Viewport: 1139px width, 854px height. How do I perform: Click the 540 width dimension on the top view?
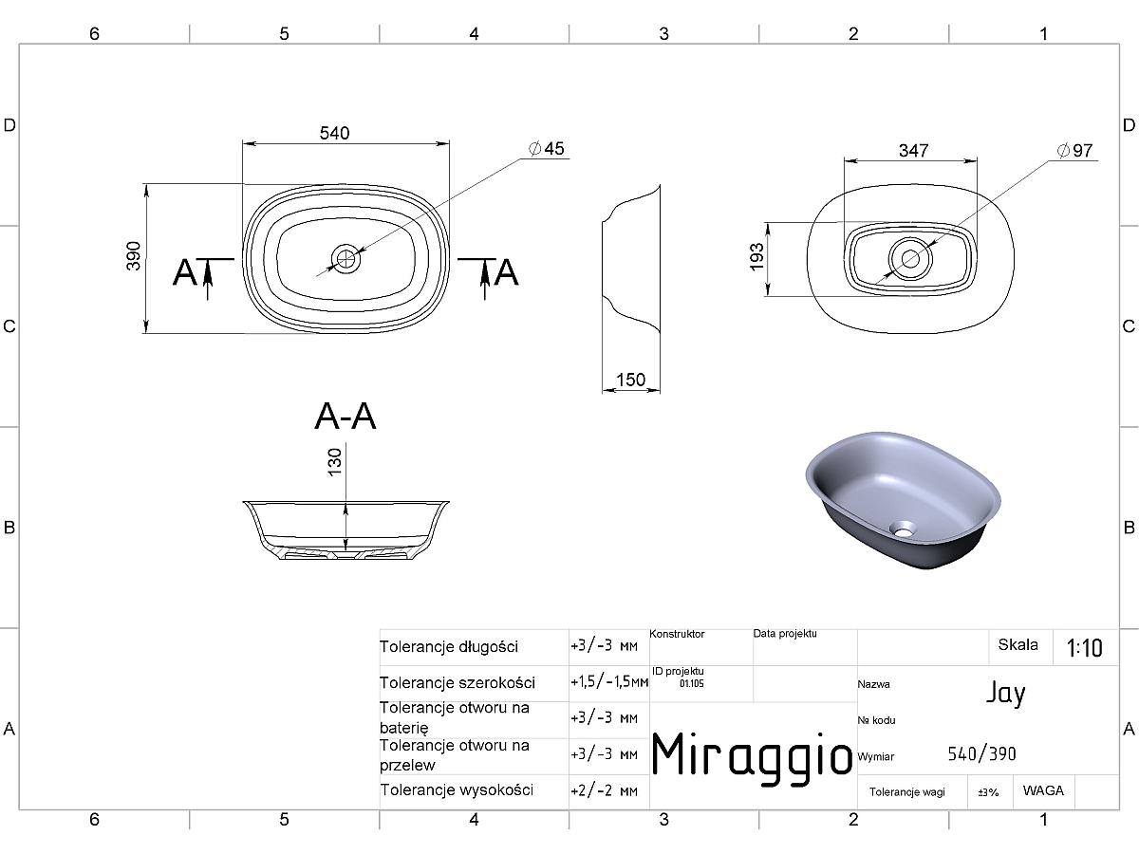(335, 133)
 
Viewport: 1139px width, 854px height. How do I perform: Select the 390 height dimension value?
(134, 255)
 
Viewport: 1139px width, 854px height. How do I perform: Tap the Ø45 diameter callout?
(547, 149)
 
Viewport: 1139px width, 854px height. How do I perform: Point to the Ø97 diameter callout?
(1075, 150)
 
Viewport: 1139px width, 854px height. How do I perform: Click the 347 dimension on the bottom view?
(914, 150)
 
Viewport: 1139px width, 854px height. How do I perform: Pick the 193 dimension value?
(757, 256)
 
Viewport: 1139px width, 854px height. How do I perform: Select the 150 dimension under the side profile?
(631, 380)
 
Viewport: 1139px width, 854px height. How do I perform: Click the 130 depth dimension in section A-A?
(335, 461)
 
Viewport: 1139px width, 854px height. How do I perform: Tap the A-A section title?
(345, 417)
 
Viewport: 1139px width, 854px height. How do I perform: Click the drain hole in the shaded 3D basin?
(903, 529)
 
